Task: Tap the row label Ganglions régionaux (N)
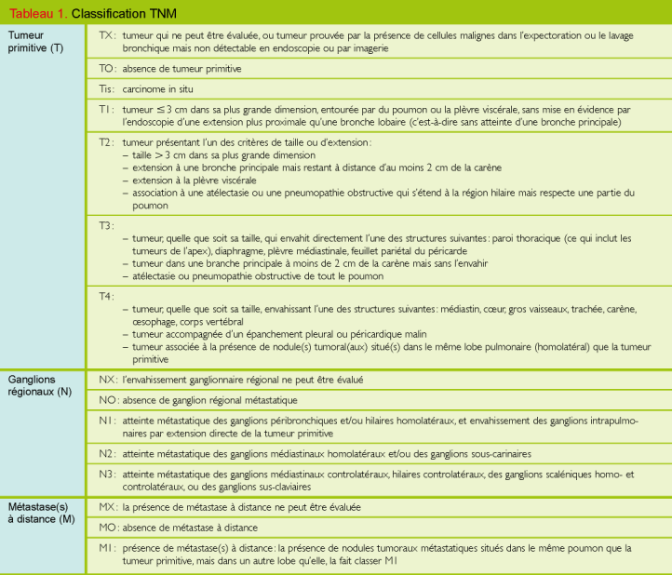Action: (38, 386)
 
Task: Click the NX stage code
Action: (108, 380)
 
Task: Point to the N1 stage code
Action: (107, 421)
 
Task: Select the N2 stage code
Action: (108, 453)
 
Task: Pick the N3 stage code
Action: (108, 474)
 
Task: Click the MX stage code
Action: (108, 507)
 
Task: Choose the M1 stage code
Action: (107, 548)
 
